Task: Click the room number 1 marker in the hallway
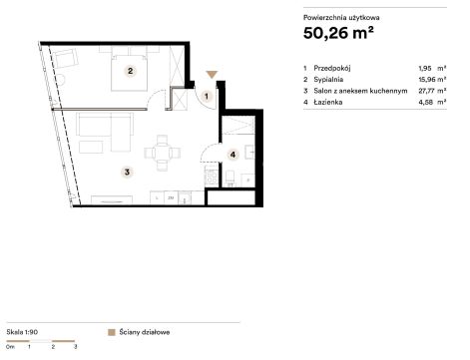[x=207, y=97]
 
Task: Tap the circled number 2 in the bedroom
[x=130, y=71]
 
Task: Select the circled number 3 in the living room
[x=127, y=172]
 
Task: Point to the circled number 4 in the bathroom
[x=233, y=155]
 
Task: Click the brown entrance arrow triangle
[x=212, y=75]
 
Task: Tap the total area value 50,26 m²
[x=338, y=33]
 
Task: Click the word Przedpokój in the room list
[x=332, y=69]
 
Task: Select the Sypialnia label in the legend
[x=328, y=80]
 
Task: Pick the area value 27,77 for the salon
[x=425, y=91]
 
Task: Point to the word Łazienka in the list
[x=328, y=102]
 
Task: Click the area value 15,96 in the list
[x=425, y=80]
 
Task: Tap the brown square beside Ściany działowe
[x=112, y=332]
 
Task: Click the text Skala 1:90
[x=22, y=332]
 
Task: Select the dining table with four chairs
[x=163, y=153]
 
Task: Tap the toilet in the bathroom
[x=230, y=178]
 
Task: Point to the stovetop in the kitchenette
[x=211, y=177]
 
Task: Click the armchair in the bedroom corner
[x=66, y=59]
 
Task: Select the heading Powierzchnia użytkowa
[x=341, y=18]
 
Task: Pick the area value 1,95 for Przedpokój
[x=425, y=68]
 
